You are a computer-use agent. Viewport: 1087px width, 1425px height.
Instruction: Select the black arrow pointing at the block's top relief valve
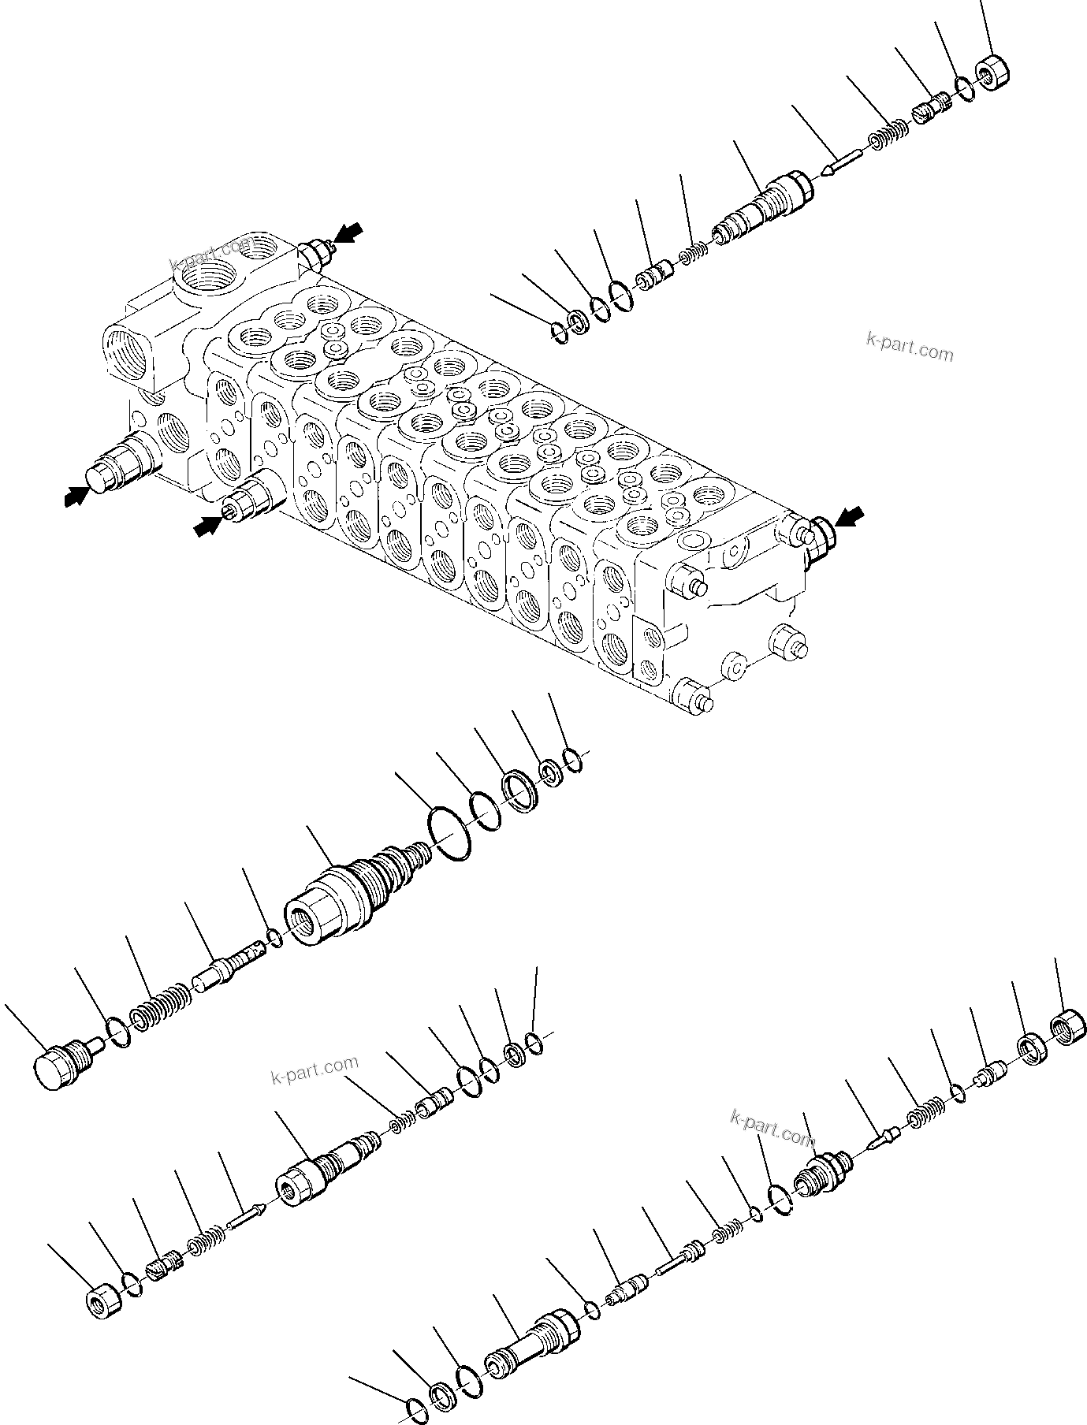[348, 233]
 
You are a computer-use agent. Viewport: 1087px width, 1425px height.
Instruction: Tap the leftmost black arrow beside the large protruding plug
[76, 496]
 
